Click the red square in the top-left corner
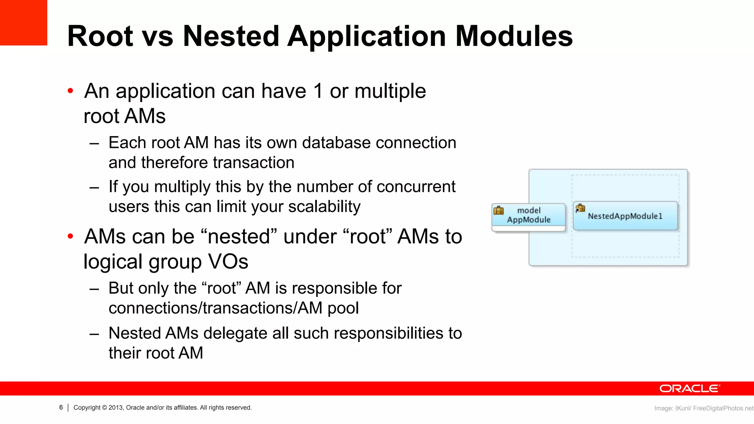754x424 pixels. (23, 22)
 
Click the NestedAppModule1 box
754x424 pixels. (625, 216)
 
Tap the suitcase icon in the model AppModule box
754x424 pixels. (498, 211)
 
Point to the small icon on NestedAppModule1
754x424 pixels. (580, 208)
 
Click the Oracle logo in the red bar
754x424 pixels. (689, 389)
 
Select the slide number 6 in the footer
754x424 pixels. (61, 407)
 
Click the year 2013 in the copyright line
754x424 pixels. (116, 407)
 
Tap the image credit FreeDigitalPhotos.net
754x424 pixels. (723, 408)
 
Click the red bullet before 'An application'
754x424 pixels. (71, 91)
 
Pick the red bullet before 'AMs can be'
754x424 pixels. (71, 236)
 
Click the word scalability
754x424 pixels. (324, 207)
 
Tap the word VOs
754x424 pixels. (228, 262)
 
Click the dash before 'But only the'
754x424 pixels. (94, 289)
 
